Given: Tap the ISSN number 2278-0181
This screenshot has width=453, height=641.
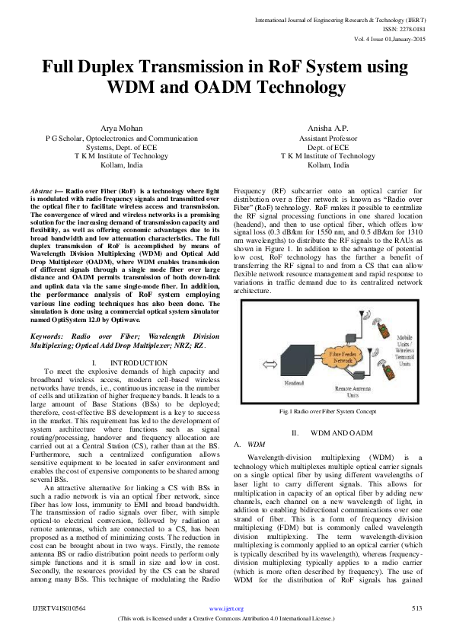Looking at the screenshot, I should (407, 28).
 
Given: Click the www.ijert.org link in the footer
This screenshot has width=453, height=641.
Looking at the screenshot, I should (226, 609).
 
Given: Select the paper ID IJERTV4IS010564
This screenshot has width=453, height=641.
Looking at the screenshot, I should (59, 609).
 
